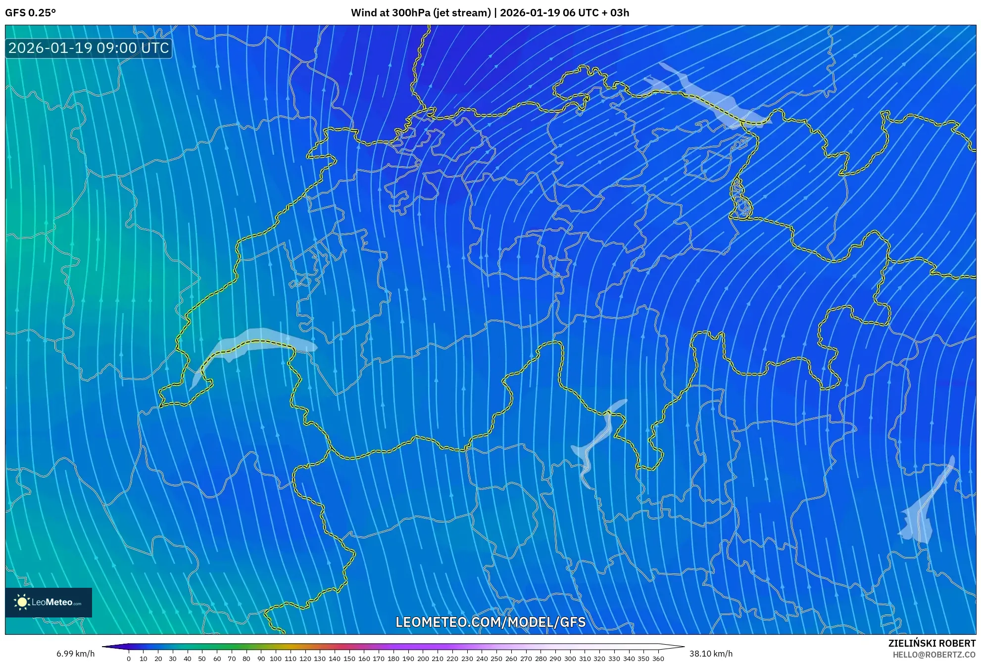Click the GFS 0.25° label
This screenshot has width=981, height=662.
[x=30, y=13]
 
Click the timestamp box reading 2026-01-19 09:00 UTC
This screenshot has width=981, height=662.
[x=89, y=48]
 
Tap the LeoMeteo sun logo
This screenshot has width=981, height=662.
[x=22, y=602]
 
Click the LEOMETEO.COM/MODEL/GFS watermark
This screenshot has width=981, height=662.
[x=490, y=622]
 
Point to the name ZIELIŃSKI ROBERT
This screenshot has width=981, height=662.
[x=932, y=643]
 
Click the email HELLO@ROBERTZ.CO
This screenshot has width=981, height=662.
[x=934, y=655]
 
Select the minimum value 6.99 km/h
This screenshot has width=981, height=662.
[x=75, y=654]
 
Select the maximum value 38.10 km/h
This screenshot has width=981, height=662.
[x=711, y=654]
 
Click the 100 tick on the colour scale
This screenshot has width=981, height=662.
[x=276, y=658]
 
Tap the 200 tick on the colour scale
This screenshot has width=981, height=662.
[x=423, y=658]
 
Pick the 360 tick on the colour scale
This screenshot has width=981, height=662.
[x=658, y=658]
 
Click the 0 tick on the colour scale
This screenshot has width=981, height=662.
[x=129, y=658]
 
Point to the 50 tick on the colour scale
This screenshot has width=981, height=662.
[x=202, y=658]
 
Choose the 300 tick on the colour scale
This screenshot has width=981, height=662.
[x=570, y=658]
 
